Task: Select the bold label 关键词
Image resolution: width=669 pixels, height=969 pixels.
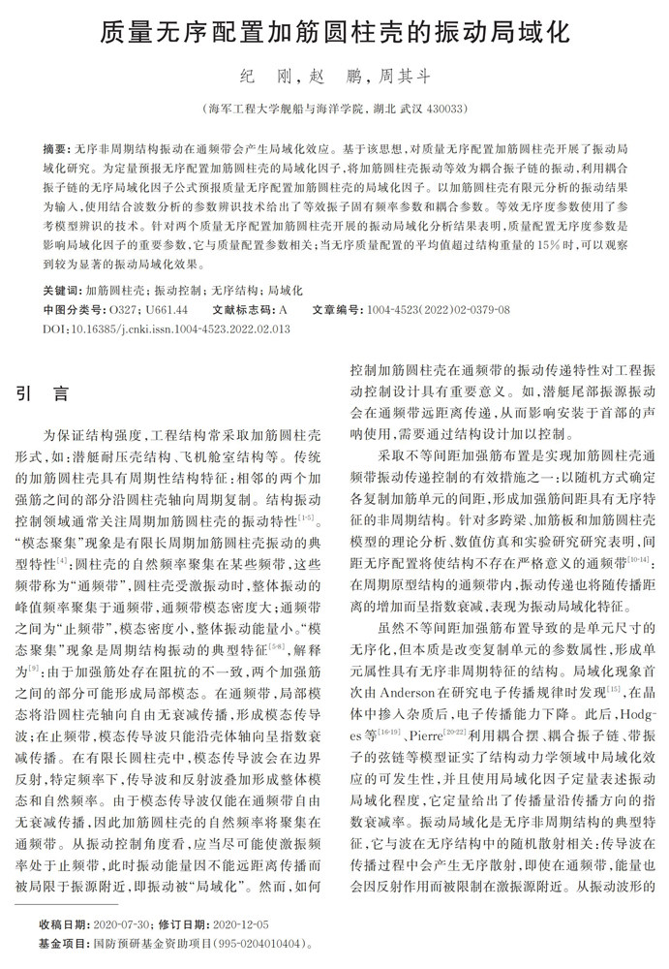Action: tap(62, 290)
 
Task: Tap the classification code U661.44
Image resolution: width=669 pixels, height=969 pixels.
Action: tap(168, 309)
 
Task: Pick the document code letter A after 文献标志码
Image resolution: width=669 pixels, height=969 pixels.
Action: tap(283, 309)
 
